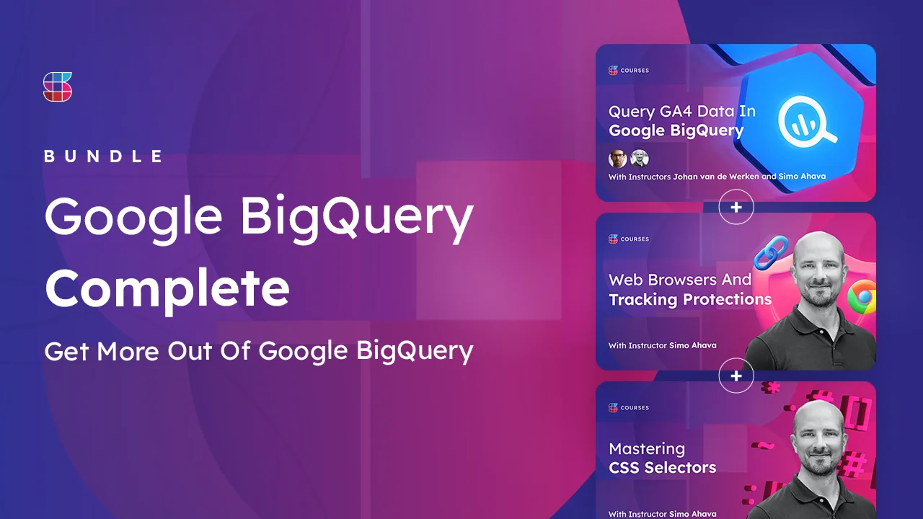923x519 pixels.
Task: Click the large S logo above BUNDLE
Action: pyautogui.click(x=58, y=86)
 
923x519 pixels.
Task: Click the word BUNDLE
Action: pyautogui.click(x=103, y=156)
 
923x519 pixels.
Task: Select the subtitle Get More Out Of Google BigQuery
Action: pyautogui.click(x=259, y=351)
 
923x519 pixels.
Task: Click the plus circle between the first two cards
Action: pyautogui.click(x=736, y=207)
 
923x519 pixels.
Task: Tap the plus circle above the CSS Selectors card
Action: pyautogui.click(x=736, y=376)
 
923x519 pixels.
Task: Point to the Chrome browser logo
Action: pyautogui.click(x=862, y=297)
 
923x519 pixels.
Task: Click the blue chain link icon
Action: pyautogui.click(x=771, y=252)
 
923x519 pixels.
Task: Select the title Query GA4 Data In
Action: pyautogui.click(x=682, y=111)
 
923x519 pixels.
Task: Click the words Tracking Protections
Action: pyautogui.click(x=690, y=299)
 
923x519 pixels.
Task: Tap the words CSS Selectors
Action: pyautogui.click(x=663, y=468)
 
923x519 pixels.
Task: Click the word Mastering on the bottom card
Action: pyautogui.click(x=647, y=449)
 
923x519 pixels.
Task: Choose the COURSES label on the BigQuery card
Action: pyautogui.click(x=635, y=71)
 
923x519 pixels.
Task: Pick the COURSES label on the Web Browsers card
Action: pyautogui.click(x=635, y=239)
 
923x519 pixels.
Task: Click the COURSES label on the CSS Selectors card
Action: pyautogui.click(x=635, y=408)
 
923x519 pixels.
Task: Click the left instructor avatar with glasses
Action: pyautogui.click(x=618, y=159)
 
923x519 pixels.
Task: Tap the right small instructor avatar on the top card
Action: pyautogui.click(x=640, y=159)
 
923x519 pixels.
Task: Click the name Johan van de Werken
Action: pyautogui.click(x=716, y=177)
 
